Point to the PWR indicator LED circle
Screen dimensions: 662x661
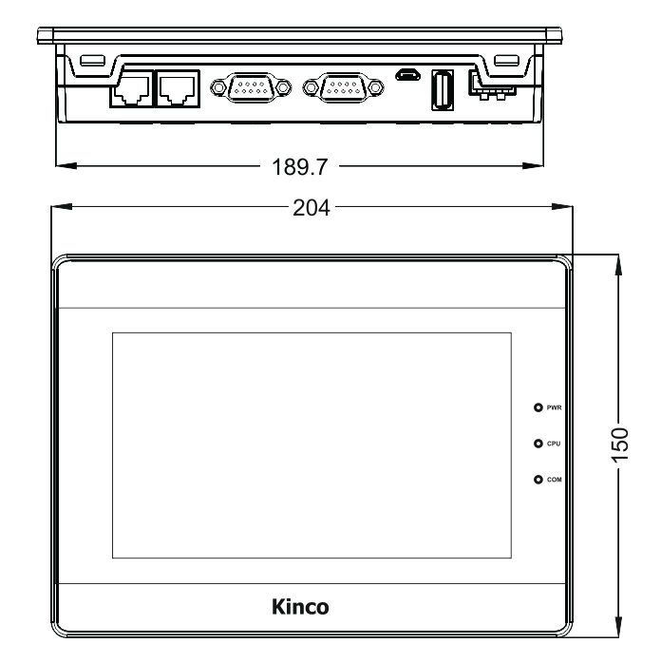[x=538, y=407]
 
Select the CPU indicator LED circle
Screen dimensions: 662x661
[x=538, y=443]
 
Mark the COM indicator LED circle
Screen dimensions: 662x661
[x=538, y=479]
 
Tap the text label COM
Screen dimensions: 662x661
[x=556, y=479]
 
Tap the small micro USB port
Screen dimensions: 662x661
[x=406, y=76]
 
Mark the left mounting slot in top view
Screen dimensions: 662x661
[x=91, y=60]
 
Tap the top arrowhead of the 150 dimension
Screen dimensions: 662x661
[x=619, y=261]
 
